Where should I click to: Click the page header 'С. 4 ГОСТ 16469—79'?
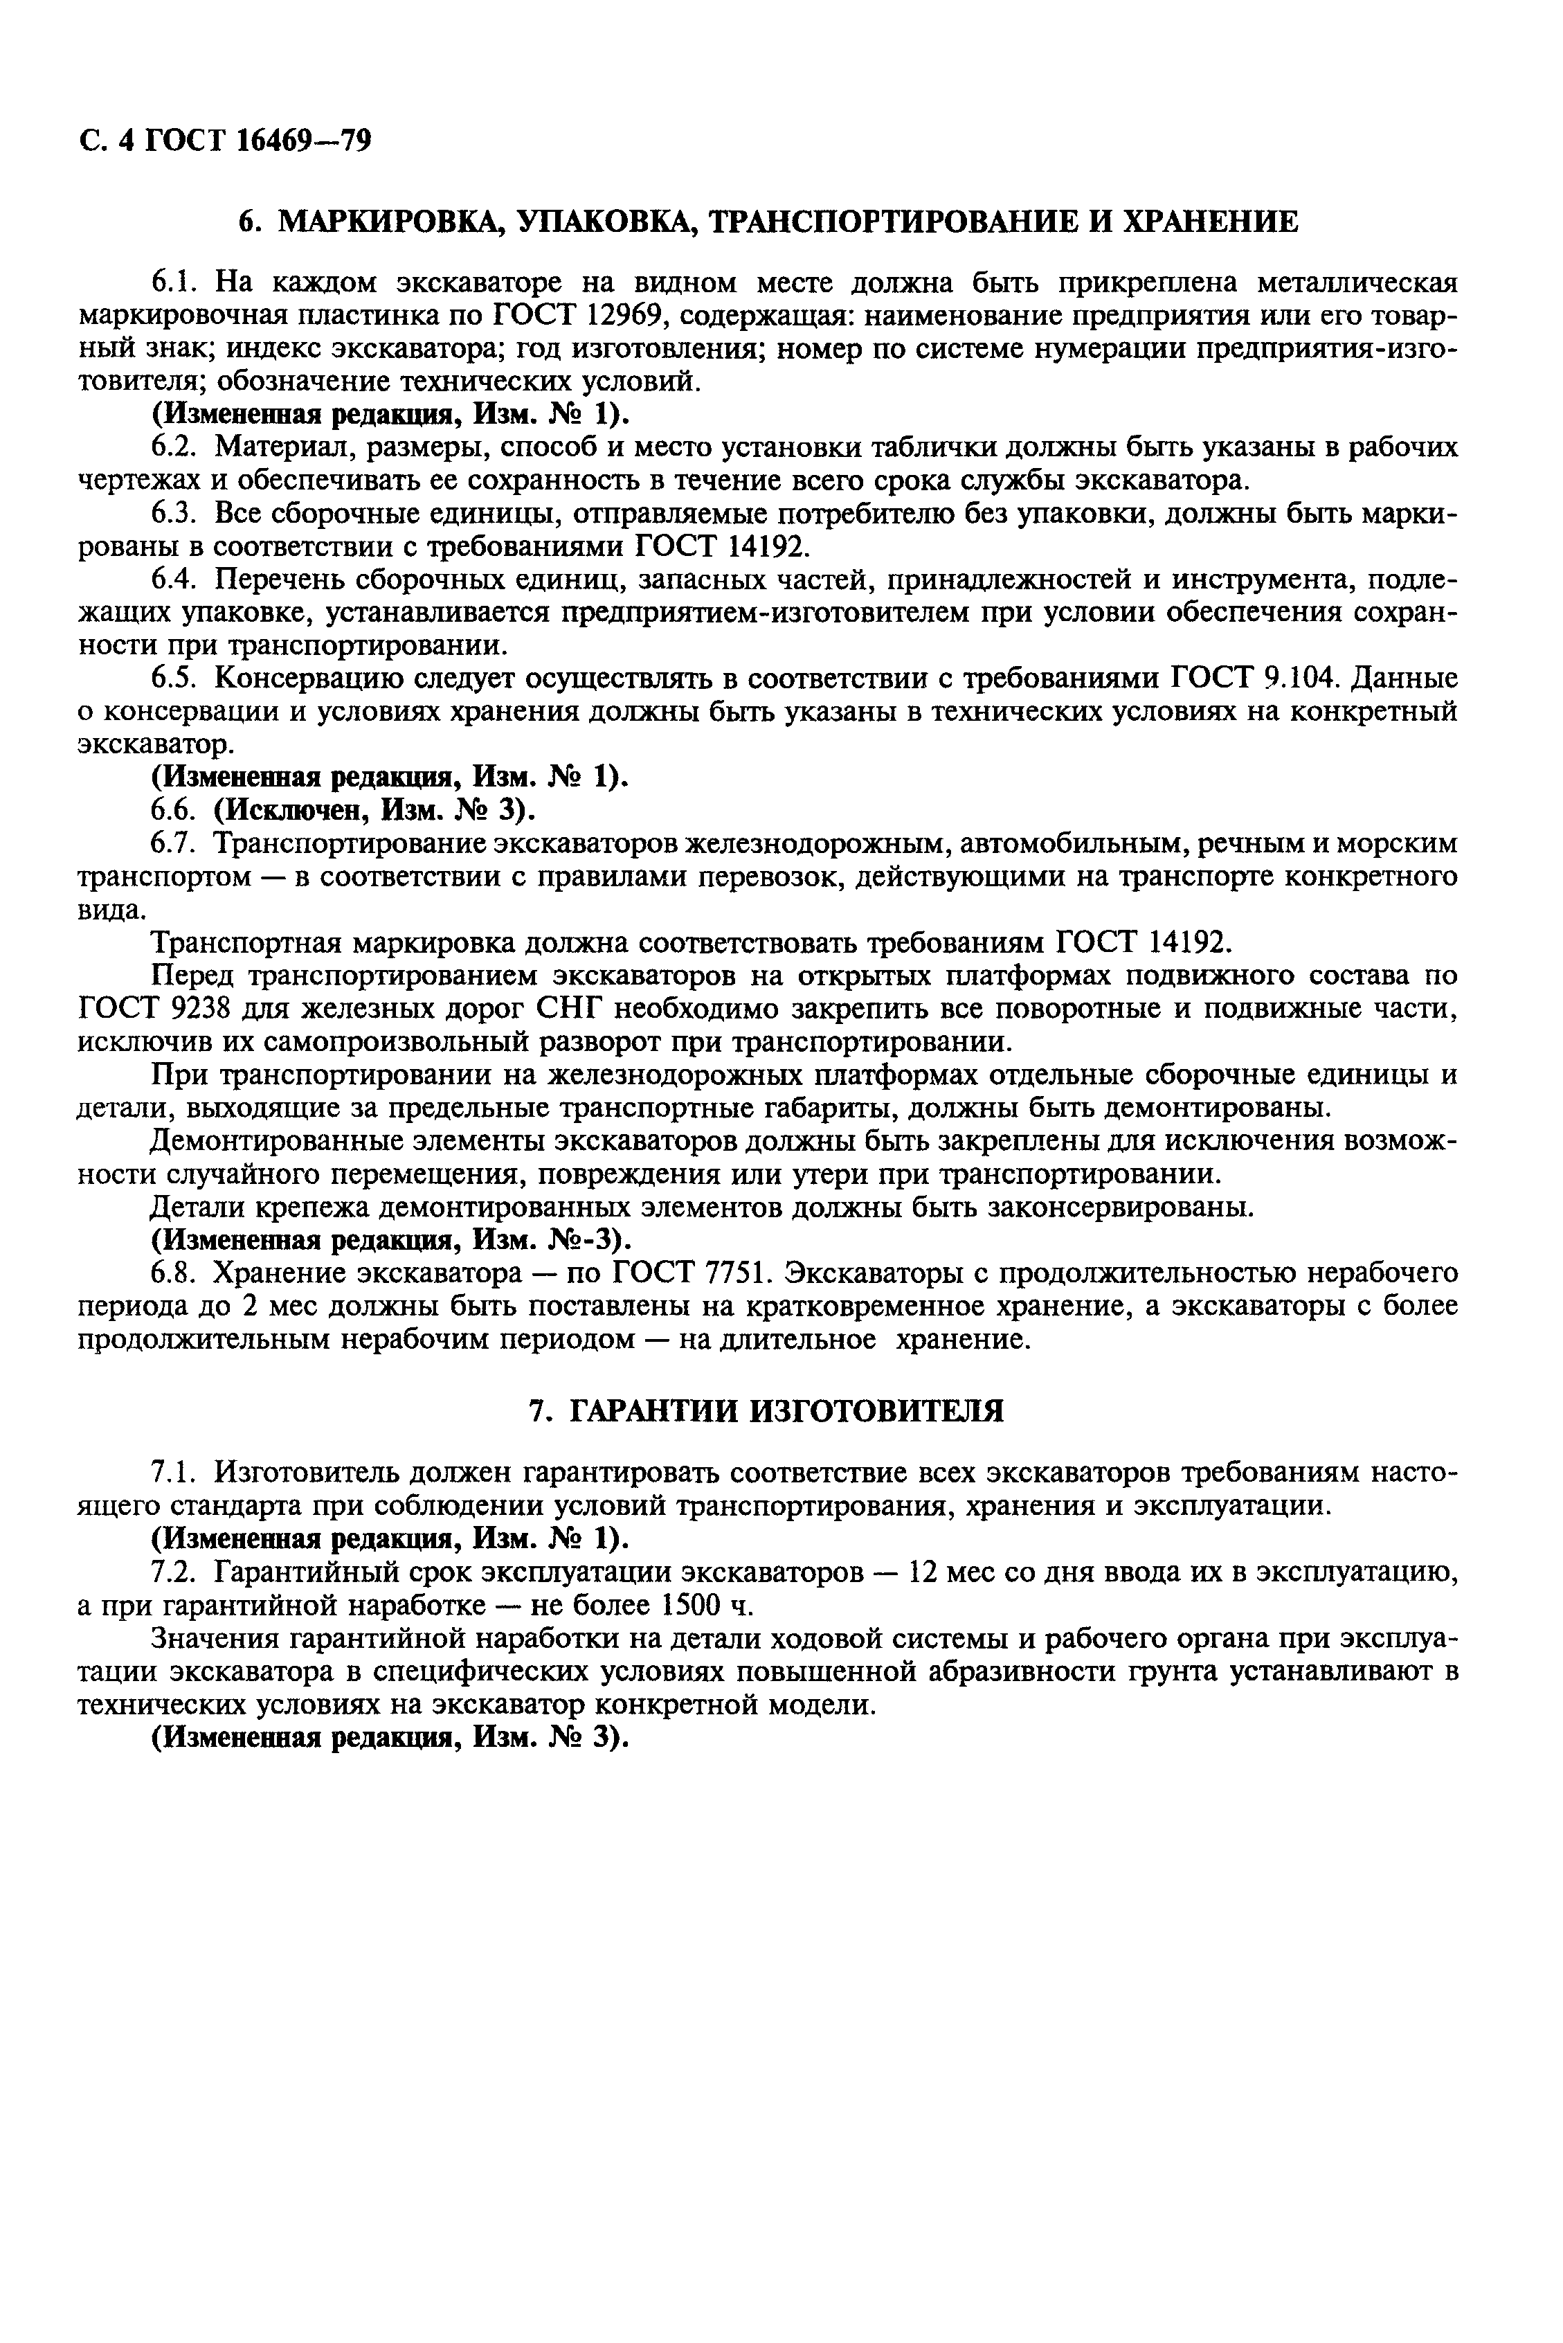224,141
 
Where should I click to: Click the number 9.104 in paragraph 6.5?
1292,679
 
